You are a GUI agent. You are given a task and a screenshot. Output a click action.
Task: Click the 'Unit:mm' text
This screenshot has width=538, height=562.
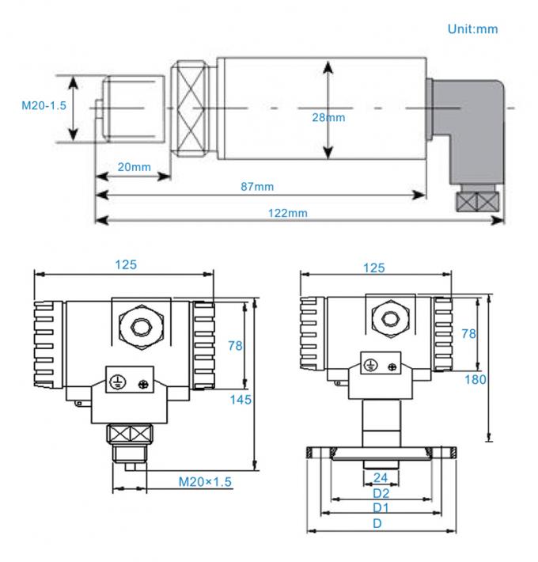pyautogui.click(x=473, y=28)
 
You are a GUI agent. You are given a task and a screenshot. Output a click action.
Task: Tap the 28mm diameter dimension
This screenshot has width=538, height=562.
pyautogui.click(x=329, y=117)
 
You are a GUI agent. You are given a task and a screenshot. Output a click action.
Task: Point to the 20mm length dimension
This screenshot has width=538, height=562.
pyautogui.click(x=134, y=167)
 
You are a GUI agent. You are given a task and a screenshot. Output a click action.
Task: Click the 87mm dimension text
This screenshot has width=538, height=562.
pyautogui.click(x=257, y=186)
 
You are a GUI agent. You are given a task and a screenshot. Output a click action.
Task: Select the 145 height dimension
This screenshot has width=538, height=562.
pyautogui.click(x=241, y=400)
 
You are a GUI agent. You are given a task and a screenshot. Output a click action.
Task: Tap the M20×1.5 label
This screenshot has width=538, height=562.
pyautogui.click(x=204, y=481)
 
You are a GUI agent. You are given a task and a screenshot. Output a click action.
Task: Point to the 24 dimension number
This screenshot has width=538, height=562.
pyautogui.click(x=381, y=477)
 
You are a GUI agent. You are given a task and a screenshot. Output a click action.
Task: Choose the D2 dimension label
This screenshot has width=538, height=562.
pyautogui.click(x=381, y=492)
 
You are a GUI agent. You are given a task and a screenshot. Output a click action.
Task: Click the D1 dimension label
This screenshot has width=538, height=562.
pyautogui.click(x=381, y=507)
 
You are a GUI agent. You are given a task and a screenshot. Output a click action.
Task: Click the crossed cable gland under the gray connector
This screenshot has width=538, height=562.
pyautogui.click(x=479, y=200)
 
